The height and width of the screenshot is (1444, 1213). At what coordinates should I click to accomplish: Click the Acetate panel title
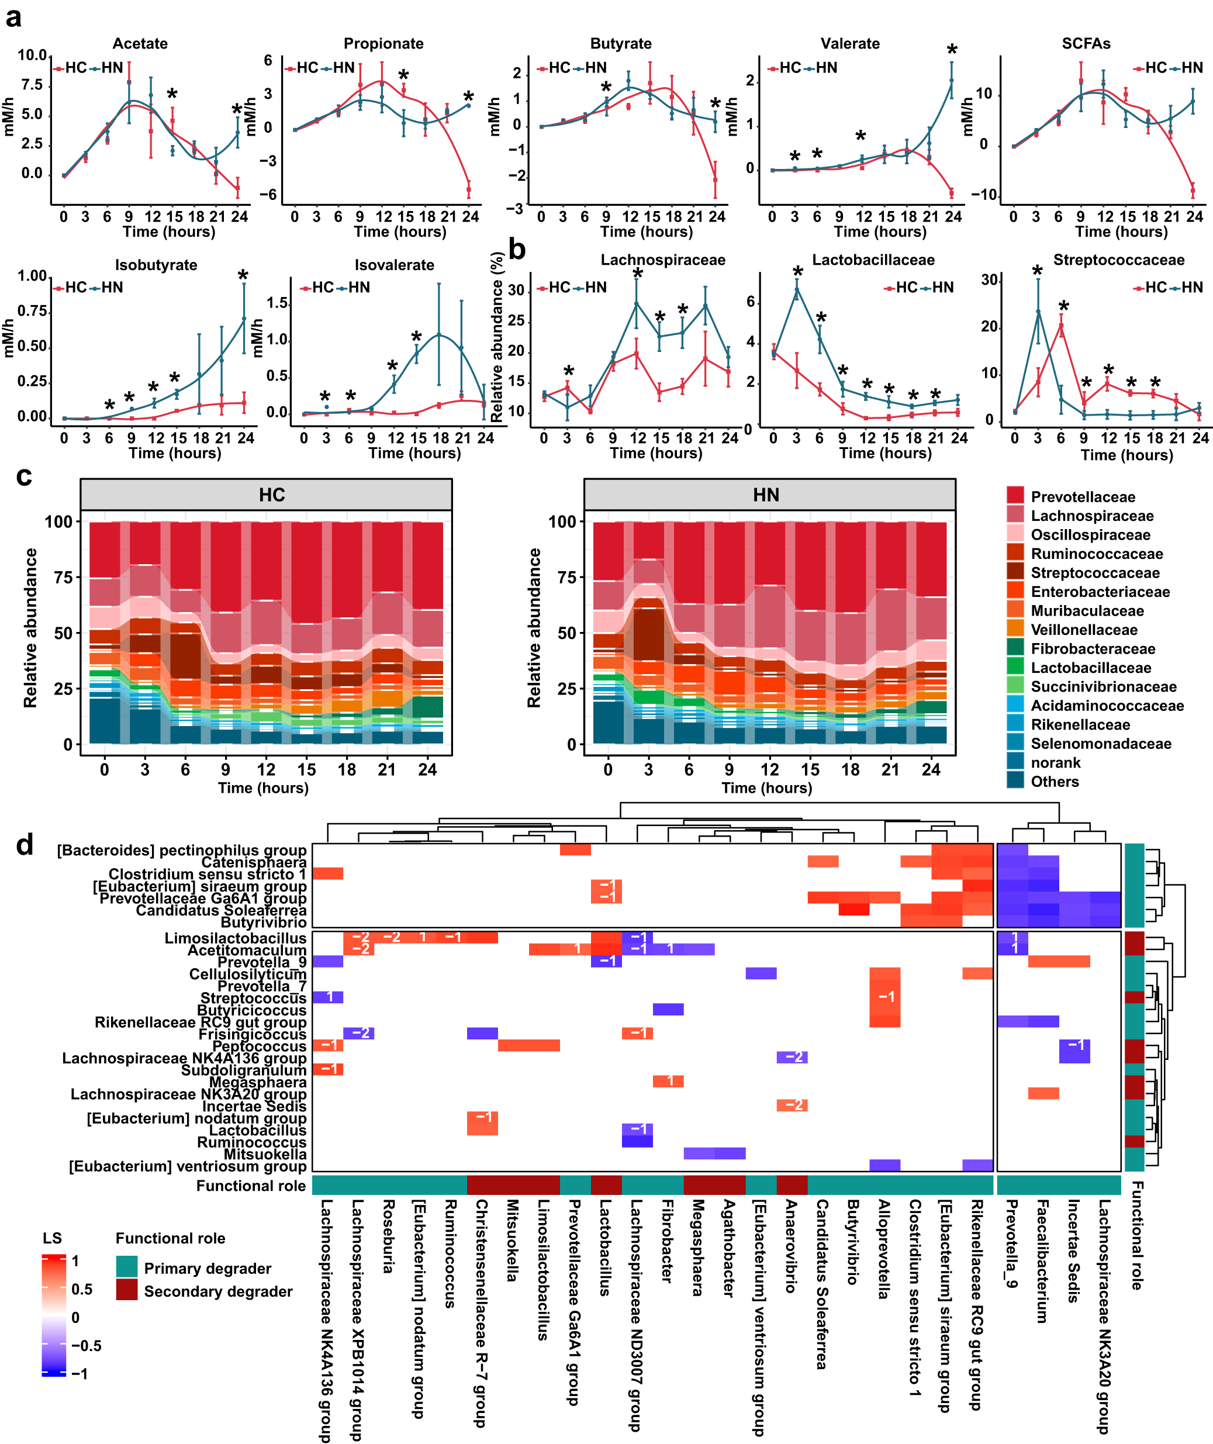tap(140, 43)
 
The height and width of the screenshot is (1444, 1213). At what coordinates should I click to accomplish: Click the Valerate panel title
tap(850, 43)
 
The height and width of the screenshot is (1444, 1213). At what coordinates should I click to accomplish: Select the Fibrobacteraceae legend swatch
tap(1015, 648)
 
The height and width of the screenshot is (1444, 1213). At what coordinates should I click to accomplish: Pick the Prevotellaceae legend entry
tap(1083, 496)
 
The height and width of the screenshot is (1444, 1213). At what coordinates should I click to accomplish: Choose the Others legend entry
tap(1054, 781)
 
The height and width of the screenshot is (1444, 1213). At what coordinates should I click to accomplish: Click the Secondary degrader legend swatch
tap(126, 1291)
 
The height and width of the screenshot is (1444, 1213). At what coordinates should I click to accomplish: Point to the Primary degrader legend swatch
tap(126, 1267)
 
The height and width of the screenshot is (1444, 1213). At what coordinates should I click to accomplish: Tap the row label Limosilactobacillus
tap(235, 938)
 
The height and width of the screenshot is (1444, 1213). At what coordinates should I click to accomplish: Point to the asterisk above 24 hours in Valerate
tap(952, 50)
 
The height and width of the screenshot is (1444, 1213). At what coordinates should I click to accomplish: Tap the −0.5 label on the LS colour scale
tap(86, 1346)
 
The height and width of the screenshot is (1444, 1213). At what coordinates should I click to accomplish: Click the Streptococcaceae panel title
tap(1119, 260)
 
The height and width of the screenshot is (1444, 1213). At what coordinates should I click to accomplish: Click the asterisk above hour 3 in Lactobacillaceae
tap(798, 272)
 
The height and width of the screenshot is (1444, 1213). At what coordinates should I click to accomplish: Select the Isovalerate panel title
tap(394, 265)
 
